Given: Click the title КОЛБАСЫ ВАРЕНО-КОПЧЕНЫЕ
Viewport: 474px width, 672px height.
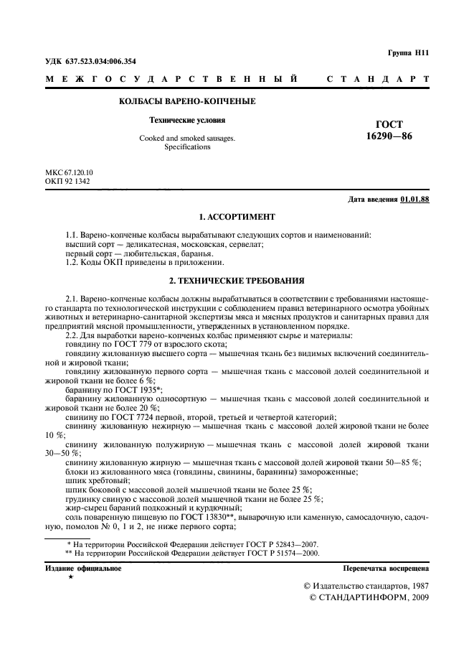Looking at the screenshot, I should (x=187, y=101).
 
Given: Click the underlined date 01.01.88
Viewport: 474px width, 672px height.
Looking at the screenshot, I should (x=415, y=199).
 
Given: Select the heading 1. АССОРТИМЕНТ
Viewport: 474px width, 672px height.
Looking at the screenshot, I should (x=237, y=216).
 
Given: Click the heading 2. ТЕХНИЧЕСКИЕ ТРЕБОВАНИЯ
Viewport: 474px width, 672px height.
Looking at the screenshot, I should (x=237, y=279).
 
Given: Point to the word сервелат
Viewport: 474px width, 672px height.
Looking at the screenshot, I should (x=245, y=245).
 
